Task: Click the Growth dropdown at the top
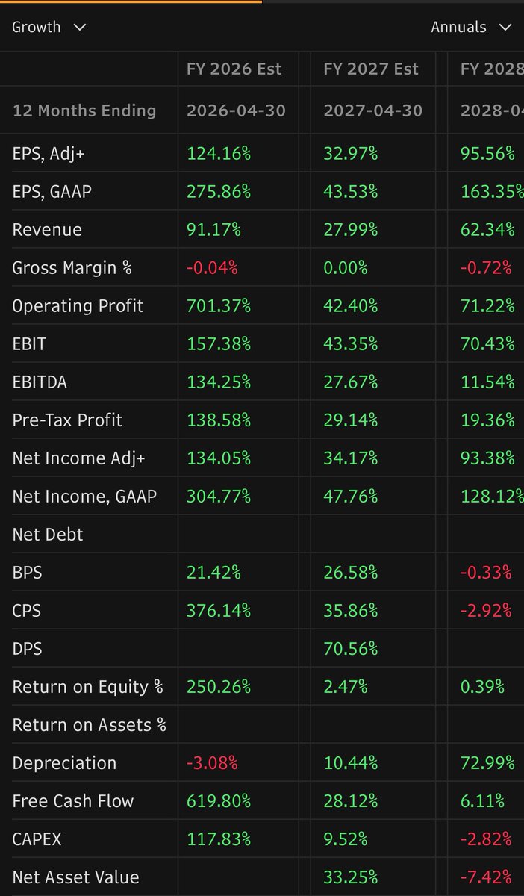(x=49, y=27)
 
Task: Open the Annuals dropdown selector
(x=470, y=27)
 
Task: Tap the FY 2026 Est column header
(x=234, y=69)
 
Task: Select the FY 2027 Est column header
(x=371, y=69)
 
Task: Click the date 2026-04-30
(x=236, y=111)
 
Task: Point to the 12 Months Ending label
(x=84, y=111)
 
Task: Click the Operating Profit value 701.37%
(x=219, y=306)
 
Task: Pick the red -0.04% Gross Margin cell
(x=212, y=268)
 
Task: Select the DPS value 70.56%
(x=350, y=649)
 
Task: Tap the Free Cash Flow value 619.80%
(x=219, y=801)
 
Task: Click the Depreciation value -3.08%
(x=212, y=763)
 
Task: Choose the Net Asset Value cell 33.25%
(x=350, y=877)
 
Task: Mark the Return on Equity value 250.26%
(x=219, y=687)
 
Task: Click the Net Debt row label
(x=48, y=535)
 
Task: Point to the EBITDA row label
(x=40, y=382)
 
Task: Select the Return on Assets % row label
(x=90, y=725)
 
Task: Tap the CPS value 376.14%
(x=219, y=611)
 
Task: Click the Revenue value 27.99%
(x=350, y=230)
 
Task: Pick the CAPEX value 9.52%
(x=346, y=839)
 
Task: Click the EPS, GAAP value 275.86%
(x=219, y=192)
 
